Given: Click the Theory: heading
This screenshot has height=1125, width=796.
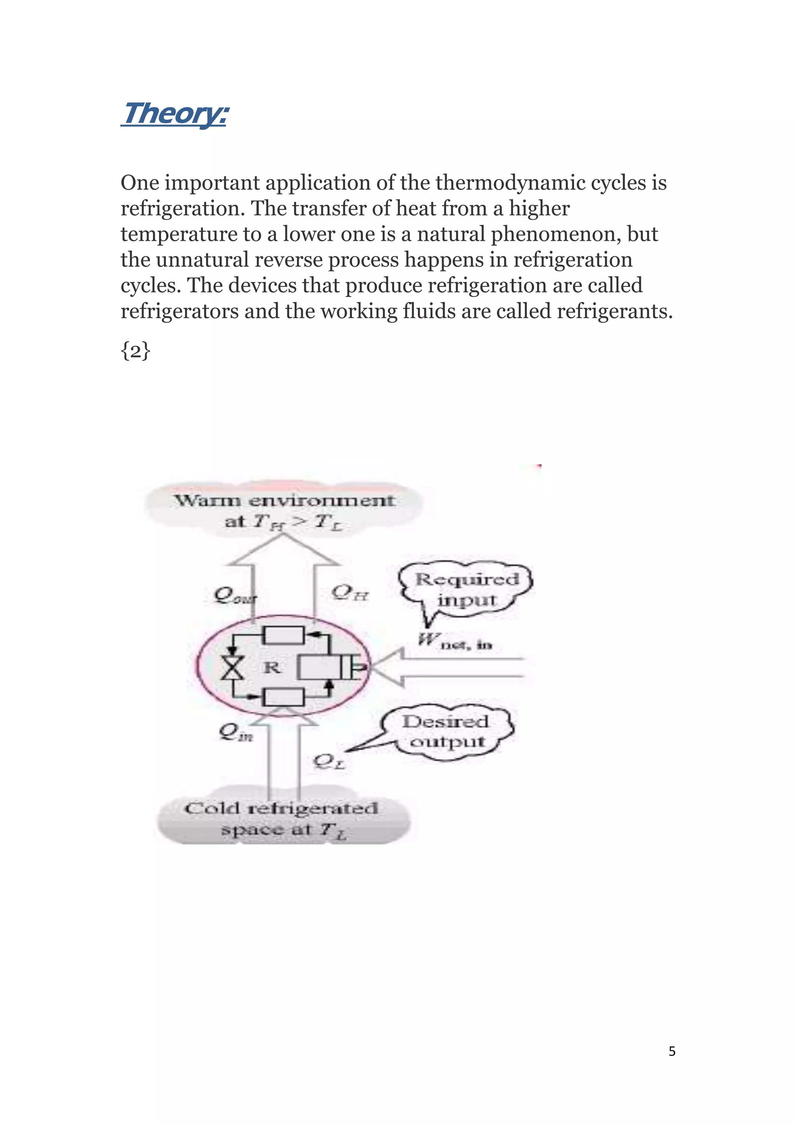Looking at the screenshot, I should coord(175,114).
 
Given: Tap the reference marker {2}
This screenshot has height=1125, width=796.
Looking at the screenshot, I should coord(135,351).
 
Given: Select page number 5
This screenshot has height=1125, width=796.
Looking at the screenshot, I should coord(672,1052).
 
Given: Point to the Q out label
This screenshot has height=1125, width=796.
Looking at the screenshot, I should coord(234,596).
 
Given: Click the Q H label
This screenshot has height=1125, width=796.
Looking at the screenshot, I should coord(350,593).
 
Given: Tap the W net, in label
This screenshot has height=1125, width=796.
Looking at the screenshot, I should coord(454,641).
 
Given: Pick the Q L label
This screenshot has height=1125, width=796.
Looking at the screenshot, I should coord(329,761).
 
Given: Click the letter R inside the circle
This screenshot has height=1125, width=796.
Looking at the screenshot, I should coord(272,667).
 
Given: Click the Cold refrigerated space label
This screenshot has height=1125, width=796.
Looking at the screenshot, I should coord(281,818).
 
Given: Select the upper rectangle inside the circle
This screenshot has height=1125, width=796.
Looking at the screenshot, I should coord(284,636).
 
